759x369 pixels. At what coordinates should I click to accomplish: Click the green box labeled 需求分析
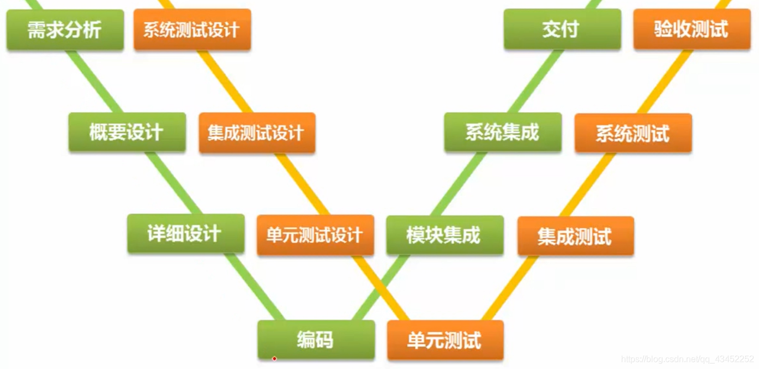pos(65,30)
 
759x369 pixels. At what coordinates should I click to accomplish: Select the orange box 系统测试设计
pos(192,30)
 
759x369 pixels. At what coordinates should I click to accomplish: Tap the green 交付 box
pos(562,29)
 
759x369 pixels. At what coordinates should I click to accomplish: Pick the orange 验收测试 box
pos(691,29)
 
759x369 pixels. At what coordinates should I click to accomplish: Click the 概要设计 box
pos(126,132)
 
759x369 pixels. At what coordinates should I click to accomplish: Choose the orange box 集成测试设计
pos(256,133)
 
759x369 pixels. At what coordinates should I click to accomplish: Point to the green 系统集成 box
pos(502,132)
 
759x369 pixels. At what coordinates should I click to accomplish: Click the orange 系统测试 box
pos(632,134)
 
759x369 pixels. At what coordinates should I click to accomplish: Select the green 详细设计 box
pos(185,234)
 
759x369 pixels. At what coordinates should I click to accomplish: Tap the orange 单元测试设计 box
pos(315,235)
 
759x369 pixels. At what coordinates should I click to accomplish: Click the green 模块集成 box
pos(444,235)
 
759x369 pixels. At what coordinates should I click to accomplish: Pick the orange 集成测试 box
pos(575,236)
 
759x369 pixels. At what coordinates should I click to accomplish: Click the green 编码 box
pos(316,340)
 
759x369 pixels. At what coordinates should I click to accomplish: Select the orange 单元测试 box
pos(445,341)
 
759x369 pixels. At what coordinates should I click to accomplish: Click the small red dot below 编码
pos(274,359)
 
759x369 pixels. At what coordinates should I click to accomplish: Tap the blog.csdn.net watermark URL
pos(688,359)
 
